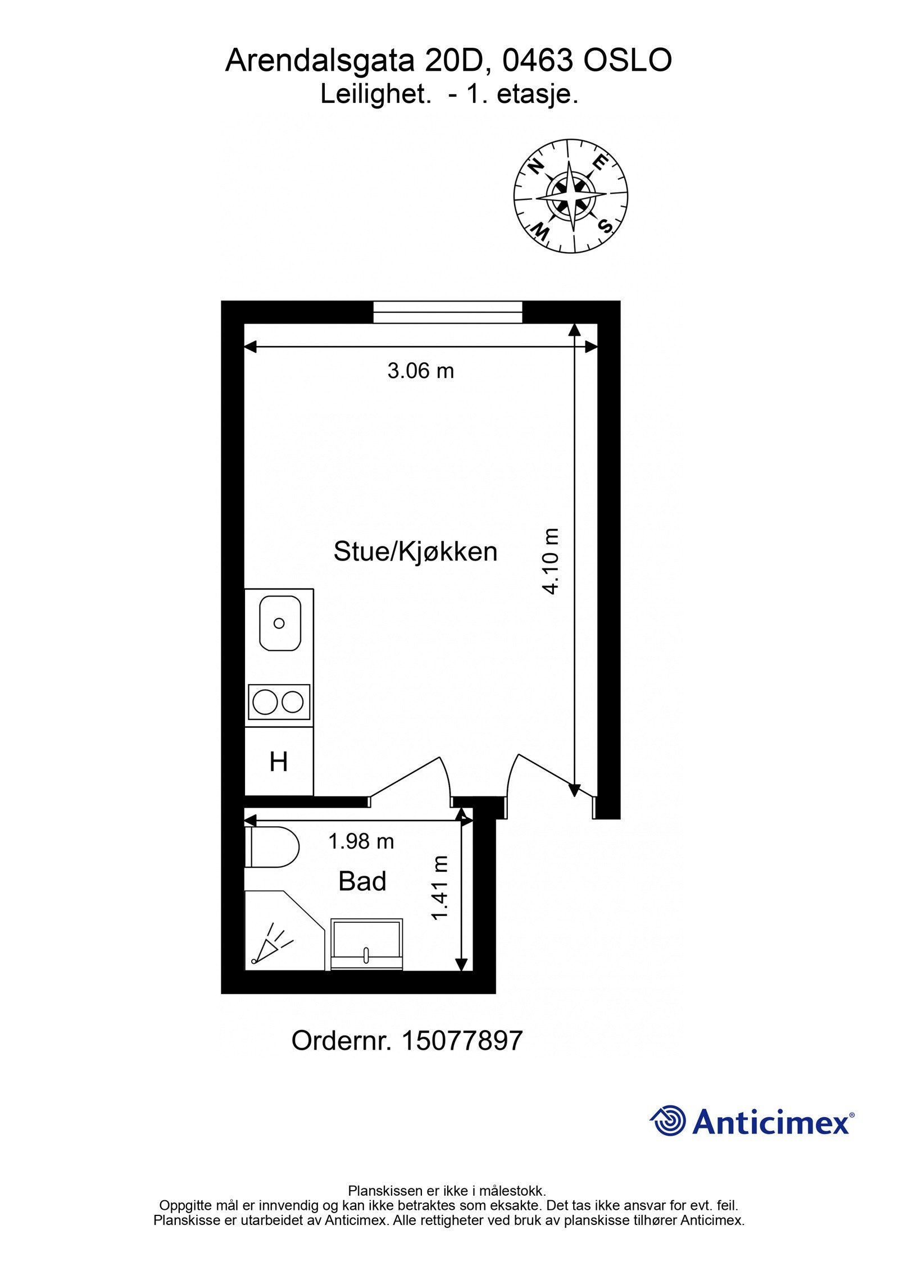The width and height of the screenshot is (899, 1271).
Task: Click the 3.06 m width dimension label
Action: tap(420, 371)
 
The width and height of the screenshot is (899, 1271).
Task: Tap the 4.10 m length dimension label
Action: tap(551, 561)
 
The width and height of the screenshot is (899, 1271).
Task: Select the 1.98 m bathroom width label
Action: tap(361, 841)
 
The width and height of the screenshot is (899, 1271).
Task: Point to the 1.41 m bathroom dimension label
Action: tap(439, 888)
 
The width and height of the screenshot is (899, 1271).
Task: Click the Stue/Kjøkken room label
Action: tap(415, 552)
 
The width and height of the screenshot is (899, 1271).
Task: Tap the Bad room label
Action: tap(362, 881)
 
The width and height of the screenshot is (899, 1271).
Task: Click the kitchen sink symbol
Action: tap(279, 623)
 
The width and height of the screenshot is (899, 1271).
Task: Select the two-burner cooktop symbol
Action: tap(279, 701)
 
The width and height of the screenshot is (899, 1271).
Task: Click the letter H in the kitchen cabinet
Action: tap(279, 762)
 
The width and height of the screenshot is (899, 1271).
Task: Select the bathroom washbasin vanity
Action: tap(366, 944)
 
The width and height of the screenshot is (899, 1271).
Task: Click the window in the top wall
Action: tap(448, 312)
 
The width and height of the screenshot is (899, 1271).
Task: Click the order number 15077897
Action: tap(462, 1041)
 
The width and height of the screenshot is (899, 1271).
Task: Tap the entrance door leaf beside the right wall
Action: tap(556, 776)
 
